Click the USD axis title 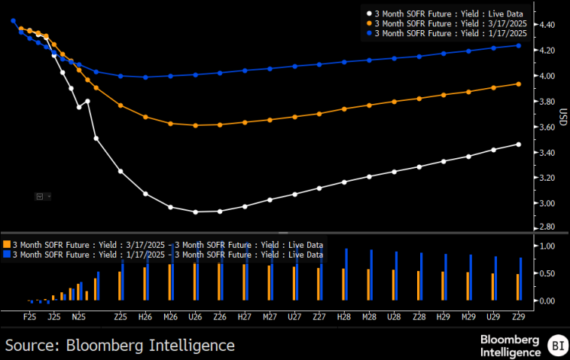562,118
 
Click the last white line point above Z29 517,145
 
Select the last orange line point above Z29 517,84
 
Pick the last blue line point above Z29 517,45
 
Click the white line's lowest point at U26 195,212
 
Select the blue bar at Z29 520,279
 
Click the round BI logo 558,346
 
